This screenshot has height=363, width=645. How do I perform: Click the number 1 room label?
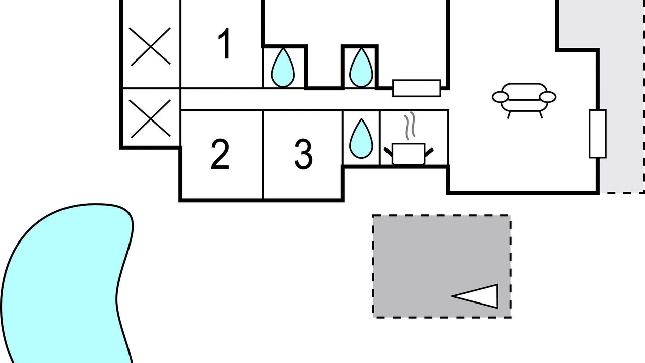(225, 43)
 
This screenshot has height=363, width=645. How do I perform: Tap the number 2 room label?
(220, 154)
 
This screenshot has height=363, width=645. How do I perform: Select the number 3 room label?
(303, 154)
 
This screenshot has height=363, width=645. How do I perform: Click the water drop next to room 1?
(283, 68)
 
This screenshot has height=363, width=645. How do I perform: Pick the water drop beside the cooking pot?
(361, 139)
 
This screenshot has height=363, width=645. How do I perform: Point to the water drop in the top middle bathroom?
(361, 68)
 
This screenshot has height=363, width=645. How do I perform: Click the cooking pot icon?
(409, 154)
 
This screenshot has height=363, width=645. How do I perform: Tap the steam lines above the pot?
(410, 126)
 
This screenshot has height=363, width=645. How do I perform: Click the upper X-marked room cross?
(150, 46)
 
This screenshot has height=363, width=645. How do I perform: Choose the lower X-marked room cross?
(150, 118)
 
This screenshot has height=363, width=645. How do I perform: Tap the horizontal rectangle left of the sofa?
(417, 88)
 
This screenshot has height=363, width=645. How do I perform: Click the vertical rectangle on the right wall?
(598, 134)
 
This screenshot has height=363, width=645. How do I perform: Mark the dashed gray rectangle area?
(442, 266)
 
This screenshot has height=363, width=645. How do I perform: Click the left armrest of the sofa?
(500, 97)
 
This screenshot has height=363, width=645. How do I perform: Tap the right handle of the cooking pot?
(429, 152)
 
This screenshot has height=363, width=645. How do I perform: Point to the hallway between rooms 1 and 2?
(288, 99)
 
